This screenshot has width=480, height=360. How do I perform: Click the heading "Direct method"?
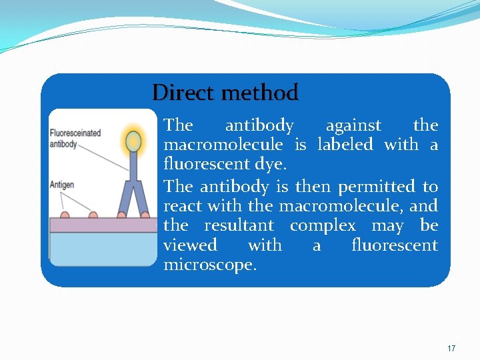point(225,93)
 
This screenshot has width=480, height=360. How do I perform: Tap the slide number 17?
point(451,349)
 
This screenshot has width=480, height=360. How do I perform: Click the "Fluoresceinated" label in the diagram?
point(75,133)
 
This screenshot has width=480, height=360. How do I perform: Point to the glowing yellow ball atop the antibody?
point(134,141)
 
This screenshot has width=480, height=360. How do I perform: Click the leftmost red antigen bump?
point(65,215)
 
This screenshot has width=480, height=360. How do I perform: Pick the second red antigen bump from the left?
point(93,215)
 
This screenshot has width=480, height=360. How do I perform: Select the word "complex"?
point(323,226)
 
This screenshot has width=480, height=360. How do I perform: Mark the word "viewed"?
point(190,245)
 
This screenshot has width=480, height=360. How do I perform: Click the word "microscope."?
point(209,265)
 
